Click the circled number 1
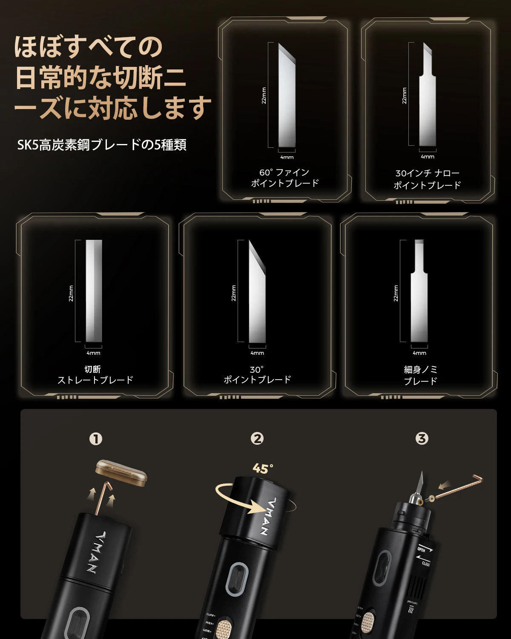[x=96, y=439]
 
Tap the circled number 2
[x=257, y=438]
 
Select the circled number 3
[x=422, y=438]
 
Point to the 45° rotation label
[x=263, y=469]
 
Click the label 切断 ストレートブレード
[x=95, y=375]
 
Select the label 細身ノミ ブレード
[x=420, y=375]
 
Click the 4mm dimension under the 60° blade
[x=287, y=157]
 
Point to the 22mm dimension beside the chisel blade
[x=396, y=293]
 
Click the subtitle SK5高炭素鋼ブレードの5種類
[x=102, y=145]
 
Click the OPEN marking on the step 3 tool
[x=422, y=549]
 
